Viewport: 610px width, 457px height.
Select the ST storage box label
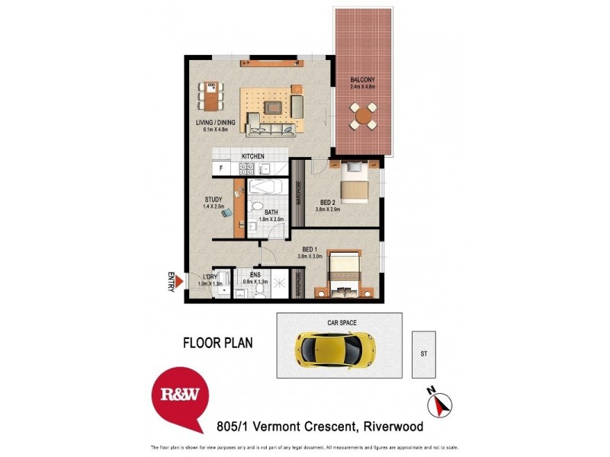pos(423,353)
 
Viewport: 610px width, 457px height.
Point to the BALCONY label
pos(361,80)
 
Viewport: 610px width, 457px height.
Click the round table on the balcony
pos(363,118)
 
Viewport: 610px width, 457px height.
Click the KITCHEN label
pos(253,156)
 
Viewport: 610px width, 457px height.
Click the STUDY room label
pos(213,200)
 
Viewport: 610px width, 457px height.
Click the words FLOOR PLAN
pos(217,343)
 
